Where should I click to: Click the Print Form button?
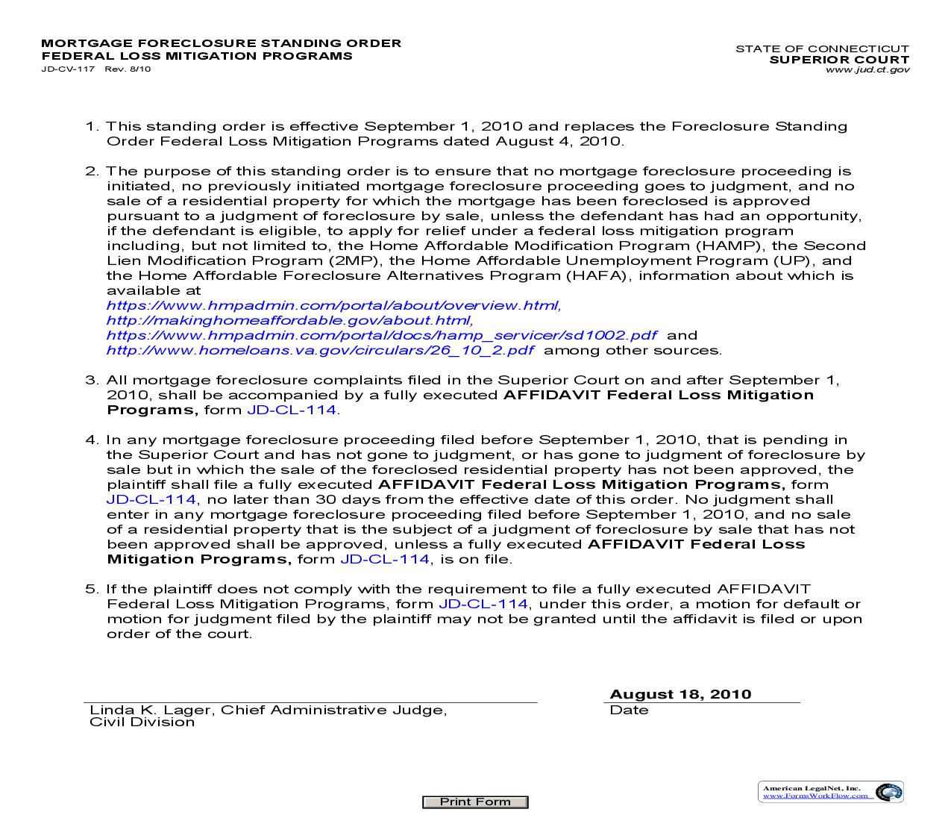tap(475, 802)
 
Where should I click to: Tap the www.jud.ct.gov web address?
tap(867, 69)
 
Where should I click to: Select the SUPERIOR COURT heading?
tap(839, 60)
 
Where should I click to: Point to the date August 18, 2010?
tap(680, 694)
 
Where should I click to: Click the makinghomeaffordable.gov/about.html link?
tap(289, 320)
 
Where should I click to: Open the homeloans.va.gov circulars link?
tap(320, 350)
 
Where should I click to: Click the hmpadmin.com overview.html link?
tap(333, 305)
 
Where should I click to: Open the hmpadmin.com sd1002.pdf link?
tap(382, 335)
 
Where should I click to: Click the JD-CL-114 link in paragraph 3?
tap(292, 410)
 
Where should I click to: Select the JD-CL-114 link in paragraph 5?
tap(483, 604)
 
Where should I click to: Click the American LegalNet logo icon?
tap(888, 792)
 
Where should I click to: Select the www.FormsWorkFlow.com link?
tap(815, 796)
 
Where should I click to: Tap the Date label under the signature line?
tap(629, 710)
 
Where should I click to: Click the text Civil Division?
tap(142, 722)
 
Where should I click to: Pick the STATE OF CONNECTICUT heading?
tap(822, 49)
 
